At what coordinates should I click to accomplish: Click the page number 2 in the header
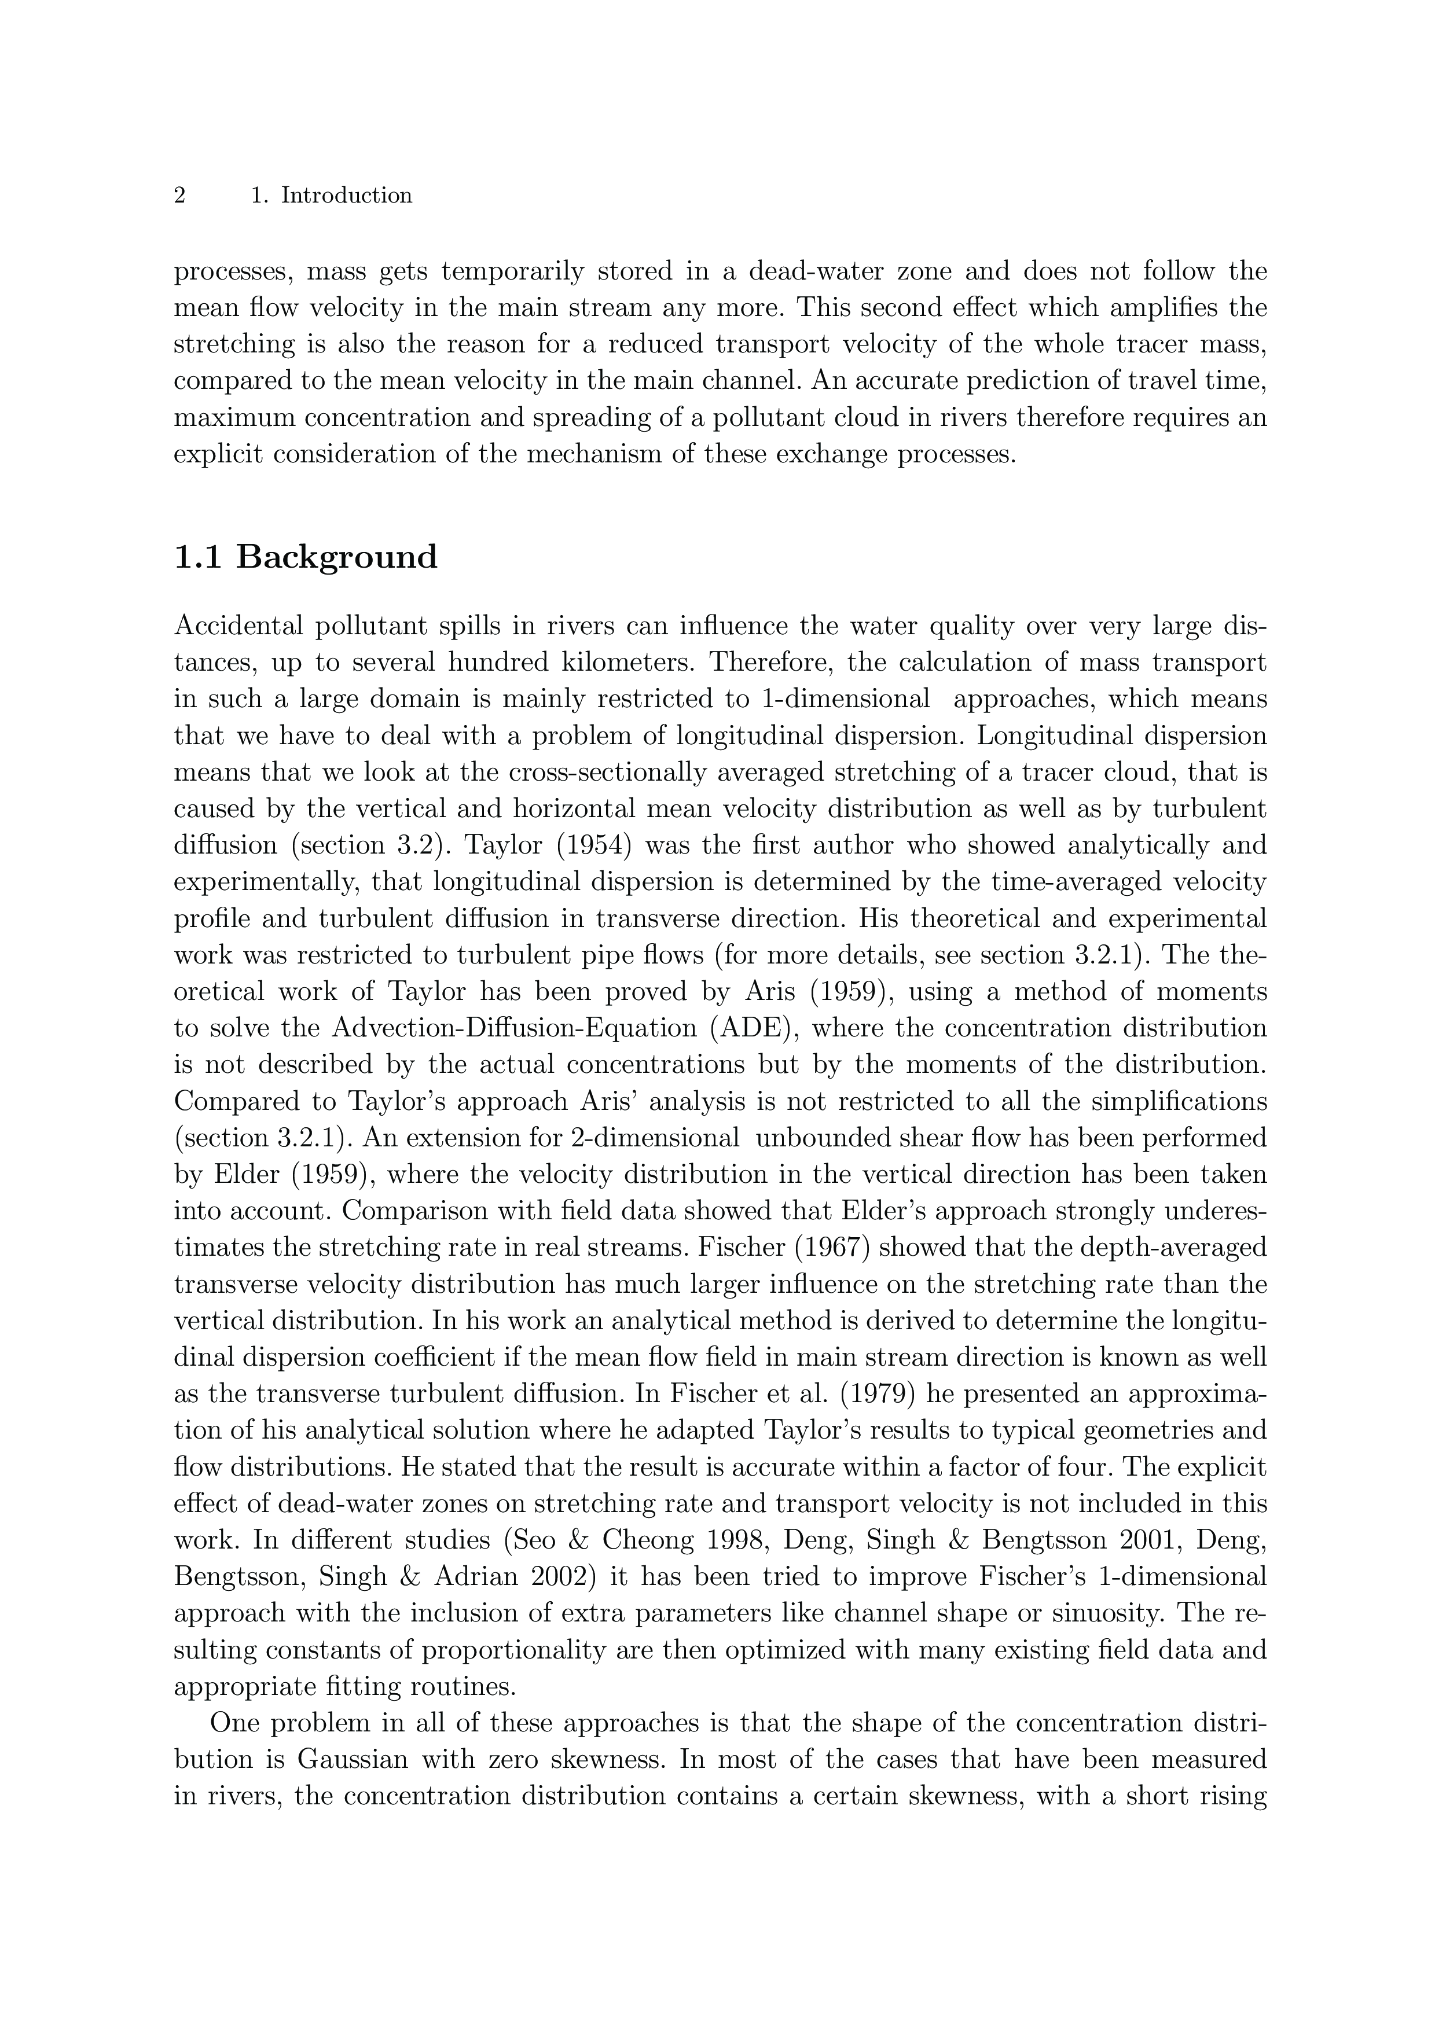tap(179, 196)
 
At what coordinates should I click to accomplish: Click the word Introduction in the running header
tap(347, 196)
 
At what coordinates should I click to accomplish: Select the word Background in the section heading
tap(337, 558)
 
